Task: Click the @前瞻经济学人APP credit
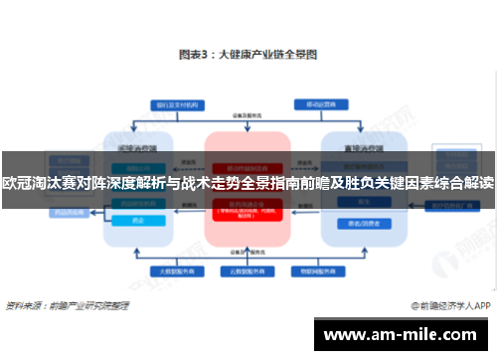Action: pos(446,306)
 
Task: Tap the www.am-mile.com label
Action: pos(402,334)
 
